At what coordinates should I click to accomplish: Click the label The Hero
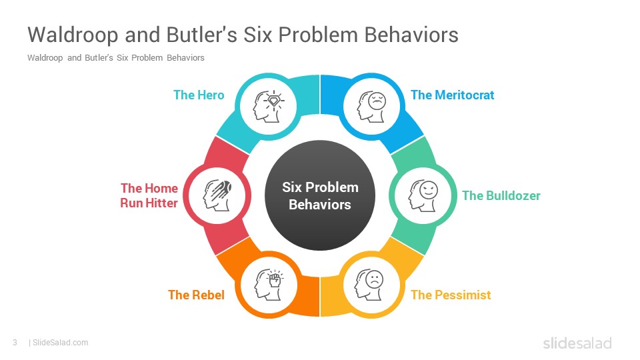tap(199, 95)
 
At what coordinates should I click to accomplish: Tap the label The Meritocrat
tap(452, 95)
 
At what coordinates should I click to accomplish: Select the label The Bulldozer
tap(501, 196)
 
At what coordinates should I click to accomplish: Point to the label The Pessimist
tap(451, 295)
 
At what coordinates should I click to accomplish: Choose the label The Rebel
tap(196, 295)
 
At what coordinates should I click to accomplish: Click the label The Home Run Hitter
tap(149, 195)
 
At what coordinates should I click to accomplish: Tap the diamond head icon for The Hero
tap(269, 107)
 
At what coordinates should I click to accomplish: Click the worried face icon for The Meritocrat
tap(371, 107)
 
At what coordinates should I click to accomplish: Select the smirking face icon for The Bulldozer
tap(423, 196)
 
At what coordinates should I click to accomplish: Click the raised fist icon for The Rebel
tap(269, 285)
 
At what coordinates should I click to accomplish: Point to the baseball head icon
tap(217, 195)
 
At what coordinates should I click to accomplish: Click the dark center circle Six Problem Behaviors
tap(320, 195)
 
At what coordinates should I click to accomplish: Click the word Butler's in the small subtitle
tap(99, 57)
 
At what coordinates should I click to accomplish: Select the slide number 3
tap(15, 343)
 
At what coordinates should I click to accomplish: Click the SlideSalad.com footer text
tap(60, 343)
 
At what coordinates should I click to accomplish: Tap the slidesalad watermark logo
tap(577, 343)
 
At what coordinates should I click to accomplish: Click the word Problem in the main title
tap(319, 35)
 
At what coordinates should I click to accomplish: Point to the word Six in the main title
tap(258, 35)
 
